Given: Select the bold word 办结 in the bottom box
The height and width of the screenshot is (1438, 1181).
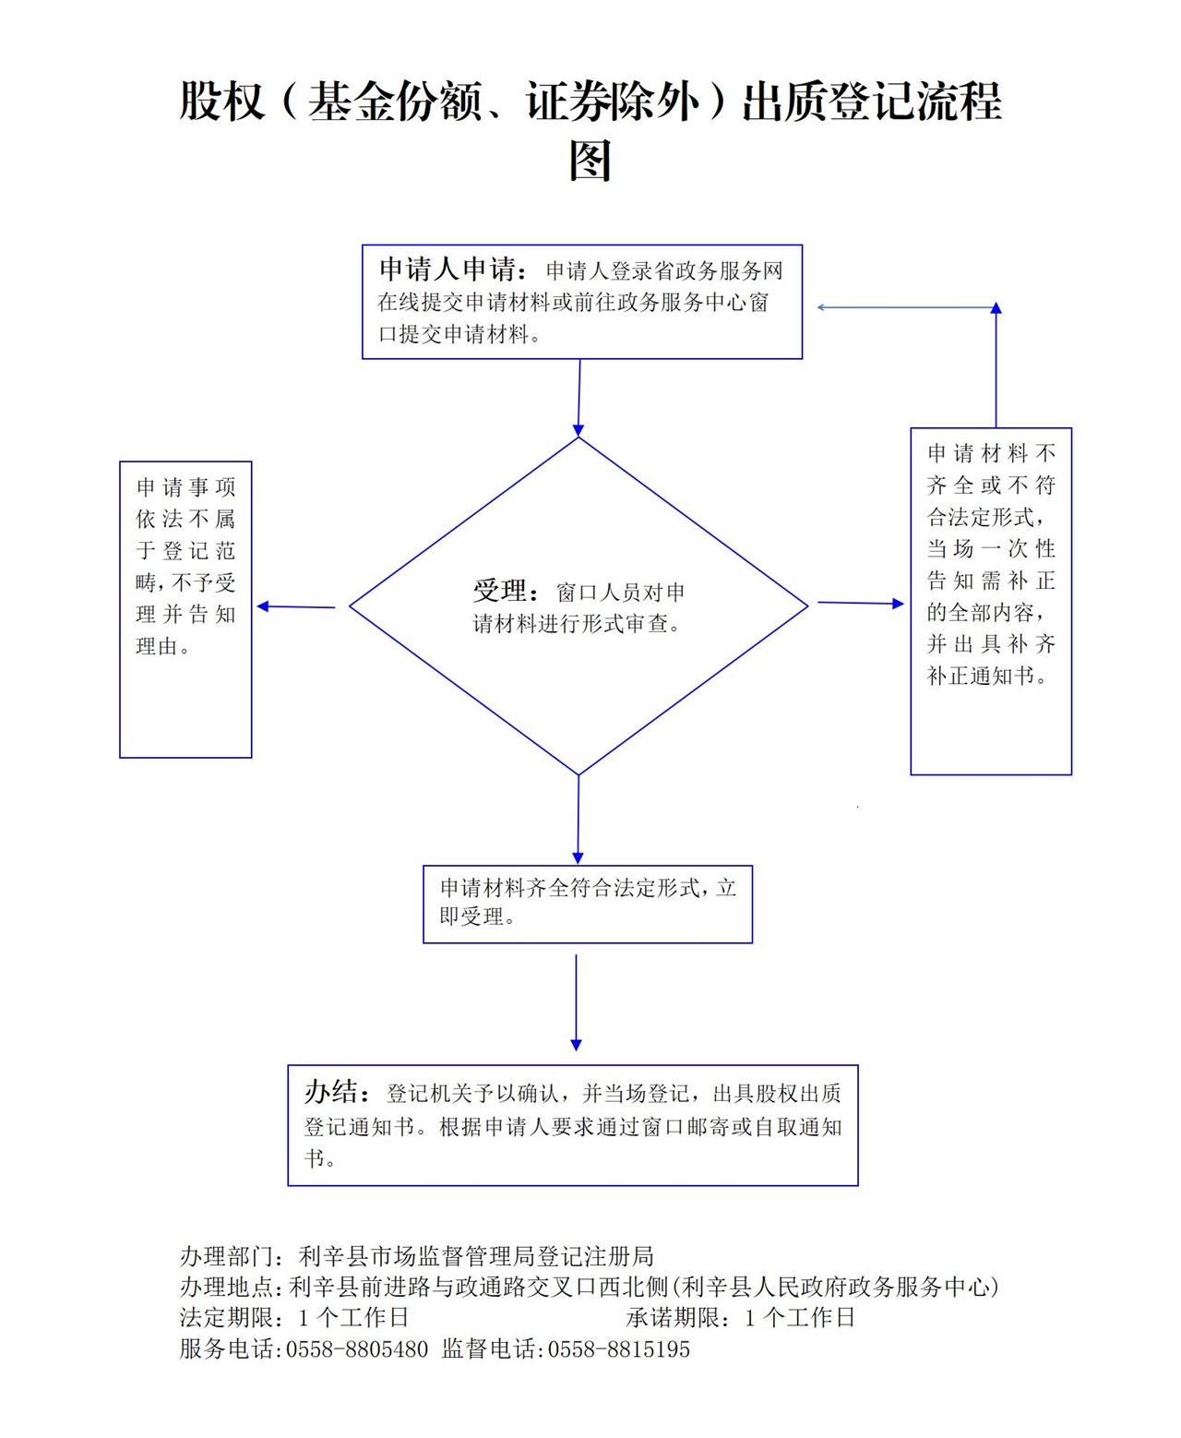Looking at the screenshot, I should coord(330,1092).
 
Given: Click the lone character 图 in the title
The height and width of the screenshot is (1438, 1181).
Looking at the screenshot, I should coord(590,161).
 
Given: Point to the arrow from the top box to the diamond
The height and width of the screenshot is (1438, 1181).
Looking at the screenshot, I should coord(579,397).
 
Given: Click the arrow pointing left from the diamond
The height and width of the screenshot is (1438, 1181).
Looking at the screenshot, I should coord(295,606).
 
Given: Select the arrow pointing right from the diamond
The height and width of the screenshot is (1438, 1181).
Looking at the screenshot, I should coord(860,603).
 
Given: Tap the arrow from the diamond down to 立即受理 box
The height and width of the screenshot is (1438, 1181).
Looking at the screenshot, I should coord(579,820).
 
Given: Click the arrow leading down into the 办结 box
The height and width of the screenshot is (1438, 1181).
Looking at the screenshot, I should coord(577,1002).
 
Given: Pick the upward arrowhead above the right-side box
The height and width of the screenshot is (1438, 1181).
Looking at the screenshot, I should coord(996,310).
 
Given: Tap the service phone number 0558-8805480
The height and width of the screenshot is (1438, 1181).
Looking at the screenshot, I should coord(357,1349).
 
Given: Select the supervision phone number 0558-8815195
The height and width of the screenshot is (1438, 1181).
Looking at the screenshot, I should coord(619,1349).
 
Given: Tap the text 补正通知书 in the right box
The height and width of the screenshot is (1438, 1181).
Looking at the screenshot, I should coord(981,676).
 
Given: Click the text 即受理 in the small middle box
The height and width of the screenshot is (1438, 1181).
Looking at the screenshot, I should coord(471,917).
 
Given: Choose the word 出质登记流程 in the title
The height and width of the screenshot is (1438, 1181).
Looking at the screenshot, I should coord(872,102).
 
